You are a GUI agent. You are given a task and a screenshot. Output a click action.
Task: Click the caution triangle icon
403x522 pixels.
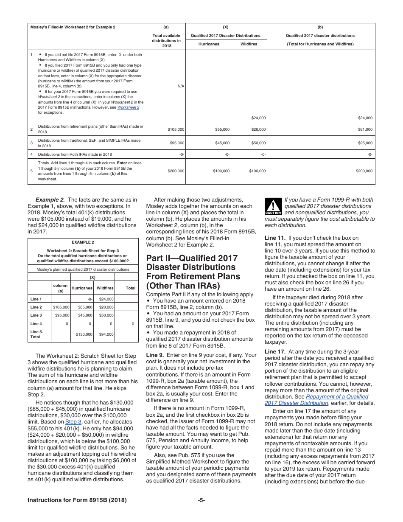(x=273, y=206)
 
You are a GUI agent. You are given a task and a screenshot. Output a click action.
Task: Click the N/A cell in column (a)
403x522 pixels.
(x=181, y=86)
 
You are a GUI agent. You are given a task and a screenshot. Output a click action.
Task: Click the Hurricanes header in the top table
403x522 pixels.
(x=209, y=44)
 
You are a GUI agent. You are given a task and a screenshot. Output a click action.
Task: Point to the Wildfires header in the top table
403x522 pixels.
(x=249, y=44)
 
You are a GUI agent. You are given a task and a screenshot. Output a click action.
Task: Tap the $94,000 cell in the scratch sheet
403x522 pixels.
(x=106, y=334)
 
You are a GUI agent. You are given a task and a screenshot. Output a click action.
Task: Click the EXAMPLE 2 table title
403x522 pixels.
(x=83, y=242)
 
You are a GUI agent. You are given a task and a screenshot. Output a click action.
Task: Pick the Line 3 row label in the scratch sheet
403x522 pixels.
(x=36, y=315)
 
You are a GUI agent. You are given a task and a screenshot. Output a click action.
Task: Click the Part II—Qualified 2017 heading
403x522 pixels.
(x=192, y=258)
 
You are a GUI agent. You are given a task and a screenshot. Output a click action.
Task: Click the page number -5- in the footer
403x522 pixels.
(x=201, y=500)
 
